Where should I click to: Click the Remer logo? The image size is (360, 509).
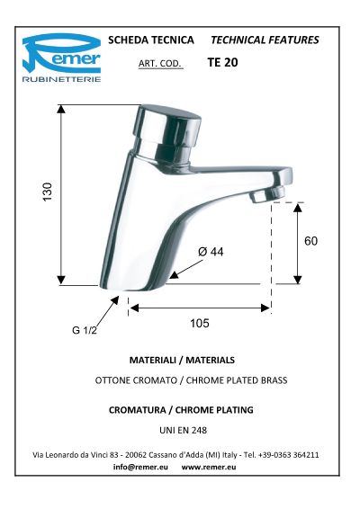[x=61, y=58]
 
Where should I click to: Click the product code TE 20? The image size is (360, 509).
[x=222, y=62]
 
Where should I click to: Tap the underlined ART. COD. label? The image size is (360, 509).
[x=160, y=63]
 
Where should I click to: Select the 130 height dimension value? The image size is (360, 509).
[x=48, y=192]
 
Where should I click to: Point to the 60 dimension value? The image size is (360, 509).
[x=310, y=241]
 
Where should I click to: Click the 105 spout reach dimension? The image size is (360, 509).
[x=200, y=324]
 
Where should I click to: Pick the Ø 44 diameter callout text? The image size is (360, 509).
[x=211, y=252]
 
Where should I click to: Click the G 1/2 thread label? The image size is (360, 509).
[x=85, y=330]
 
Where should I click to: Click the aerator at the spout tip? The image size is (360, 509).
[x=266, y=195]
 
